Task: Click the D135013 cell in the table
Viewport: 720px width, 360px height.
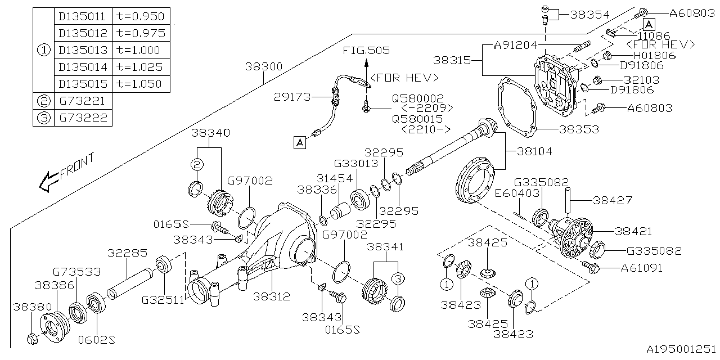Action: pyautogui.click(x=83, y=50)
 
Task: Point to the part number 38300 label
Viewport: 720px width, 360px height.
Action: pyautogui.click(x=264, y=66)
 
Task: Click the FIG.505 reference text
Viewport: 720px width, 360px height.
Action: pyautogui.click(x=366, y=51)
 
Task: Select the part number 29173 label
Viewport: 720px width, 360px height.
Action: pyautogui.click(x=292, y=96)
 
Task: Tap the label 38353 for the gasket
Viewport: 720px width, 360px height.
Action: pyautogui.click(x=578, y=129)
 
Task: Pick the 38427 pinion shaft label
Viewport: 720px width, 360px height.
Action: pyautogui.click(x=612, y=200)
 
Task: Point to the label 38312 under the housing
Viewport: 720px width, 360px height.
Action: pyautogui.click(x=272, y=295)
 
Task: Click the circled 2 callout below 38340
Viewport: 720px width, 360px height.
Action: pyautogui.click(x=197, y=164)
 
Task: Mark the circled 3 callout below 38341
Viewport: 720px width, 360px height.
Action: pyautogui.click(x=398, y=278)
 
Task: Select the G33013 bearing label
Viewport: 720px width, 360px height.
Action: pyautogui.click(x=357, y=164)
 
